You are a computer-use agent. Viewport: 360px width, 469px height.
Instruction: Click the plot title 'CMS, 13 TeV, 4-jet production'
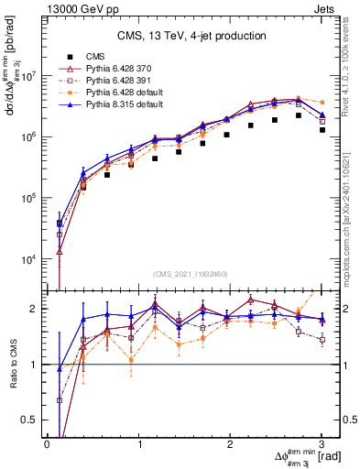[x=192, y=36]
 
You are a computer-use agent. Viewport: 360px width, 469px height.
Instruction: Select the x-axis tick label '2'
[x=230, y=443]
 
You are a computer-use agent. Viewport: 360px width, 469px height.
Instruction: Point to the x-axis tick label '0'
[x=47, y=443]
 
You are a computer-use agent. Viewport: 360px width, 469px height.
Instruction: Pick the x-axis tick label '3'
[x=322, y=443]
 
